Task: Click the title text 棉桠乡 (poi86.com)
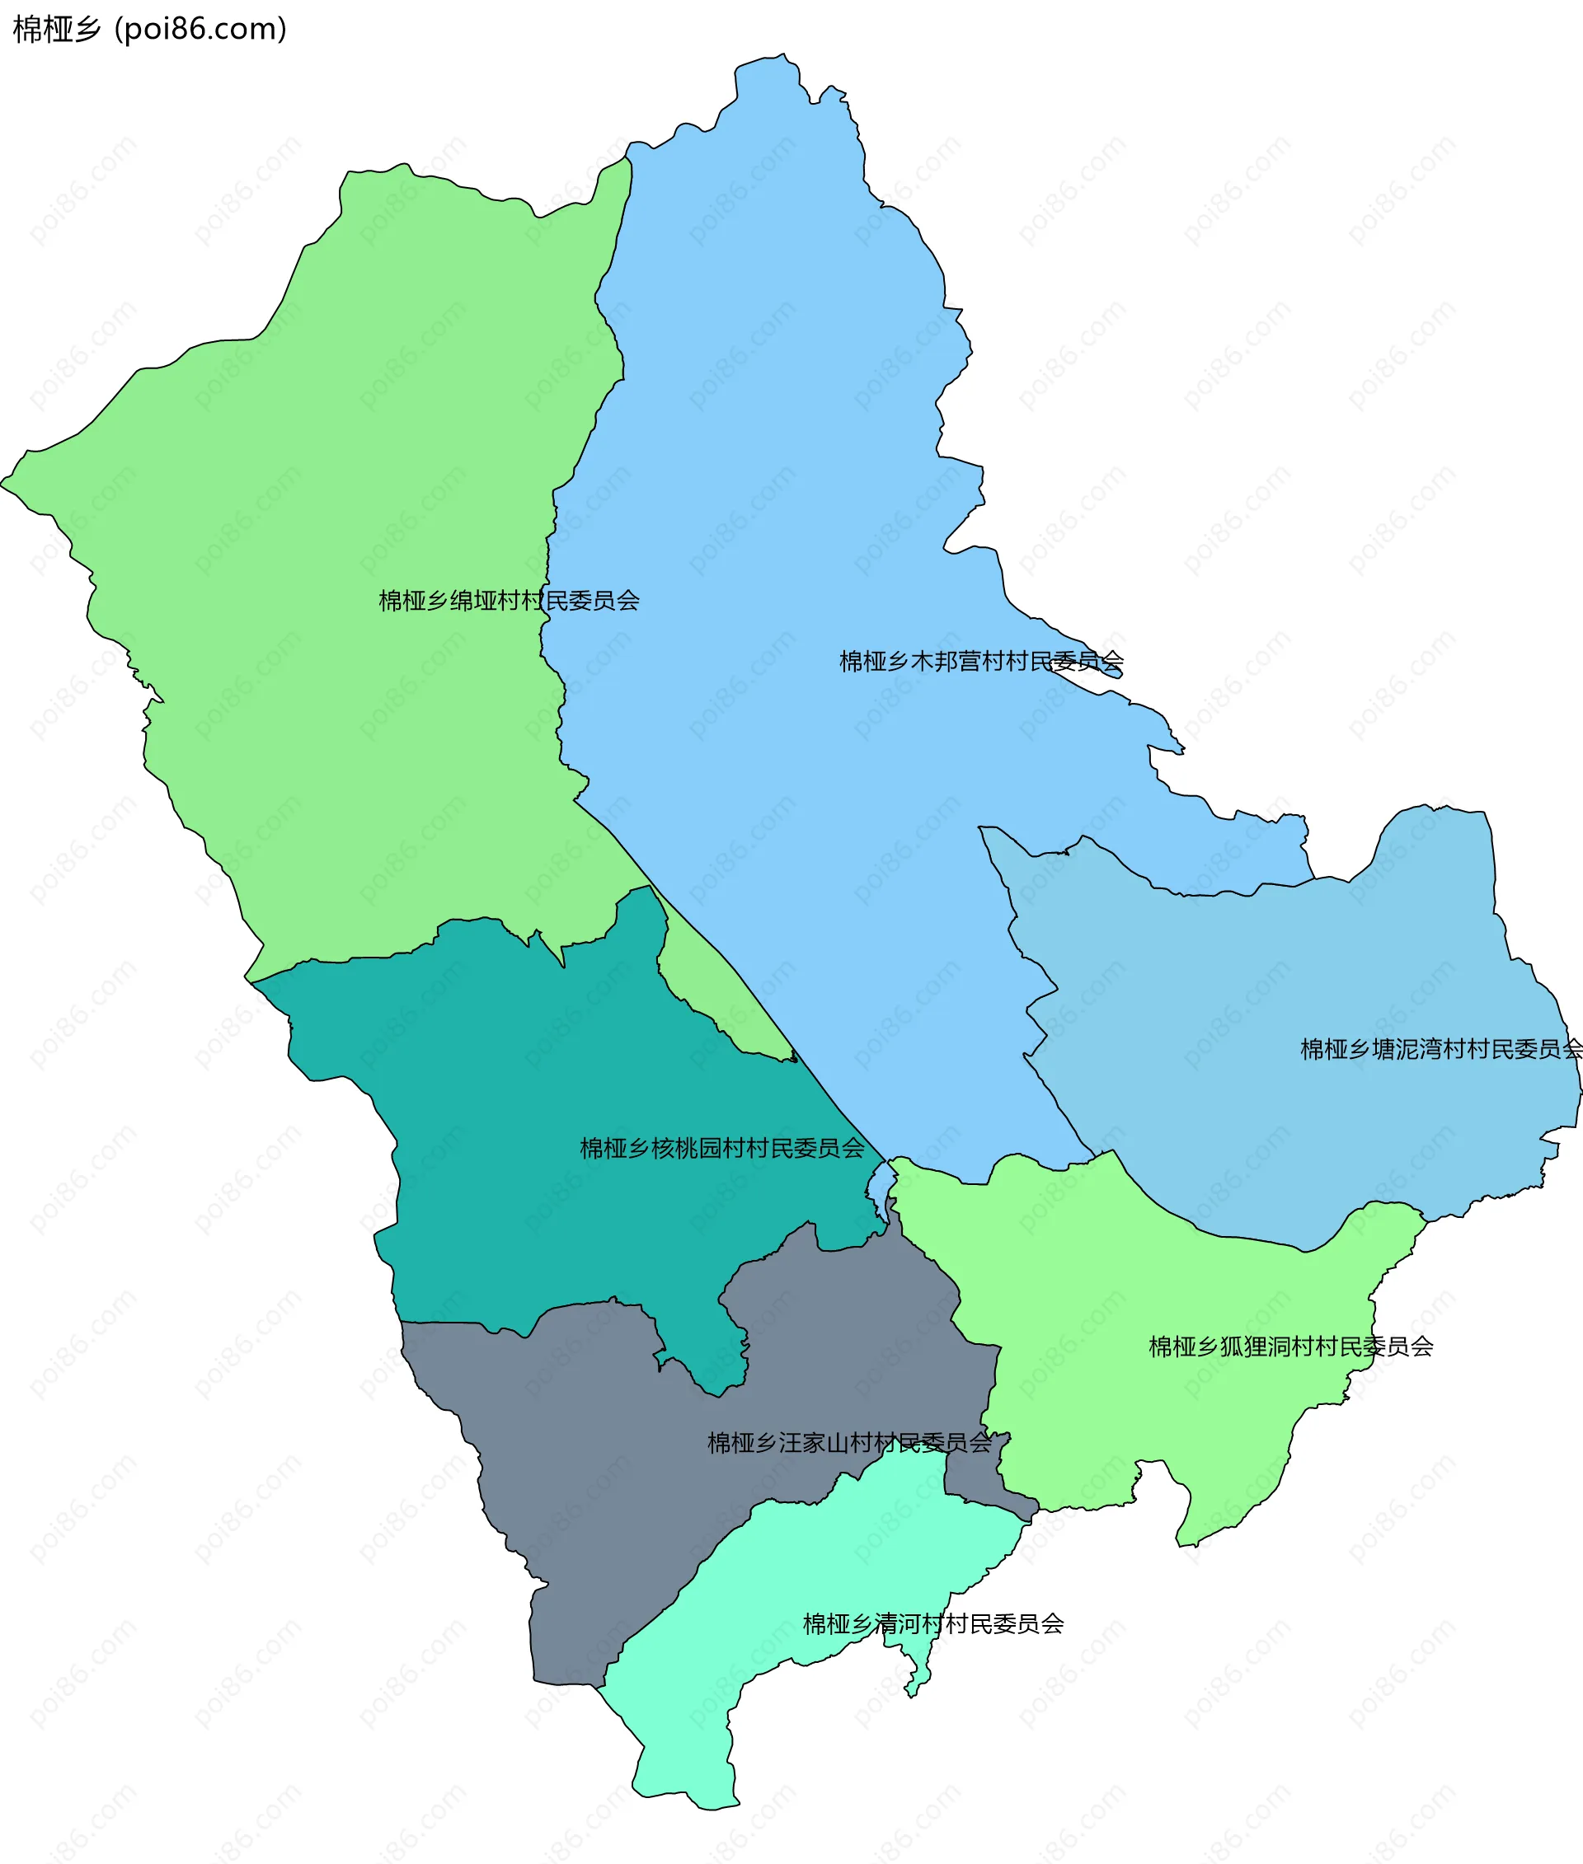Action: [150, 30]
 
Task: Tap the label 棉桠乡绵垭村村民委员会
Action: [509, 601]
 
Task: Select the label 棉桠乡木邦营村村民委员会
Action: [981, 662]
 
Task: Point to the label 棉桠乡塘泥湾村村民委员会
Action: [1440, 1050]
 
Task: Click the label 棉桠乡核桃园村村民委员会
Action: [722, 1148]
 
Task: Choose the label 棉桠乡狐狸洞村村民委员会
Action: [1290, 1346]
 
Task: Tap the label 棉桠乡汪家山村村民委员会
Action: [850, 1443]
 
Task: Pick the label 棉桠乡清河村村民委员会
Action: [933, 1624]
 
